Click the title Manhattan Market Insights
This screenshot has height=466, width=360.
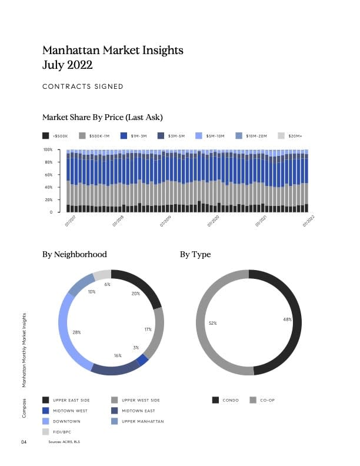pos(113,50)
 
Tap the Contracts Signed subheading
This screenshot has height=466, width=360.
pos(83,86)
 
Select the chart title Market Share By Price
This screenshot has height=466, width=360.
pos(102,117)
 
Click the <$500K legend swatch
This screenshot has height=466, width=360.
pos(46,136)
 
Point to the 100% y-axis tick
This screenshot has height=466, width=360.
pos(48,150)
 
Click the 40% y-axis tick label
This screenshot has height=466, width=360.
pos(49,187)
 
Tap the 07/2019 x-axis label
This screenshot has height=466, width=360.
pos(165,221)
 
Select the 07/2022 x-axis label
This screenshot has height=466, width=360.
pos(309,221)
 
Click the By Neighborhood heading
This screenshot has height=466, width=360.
pos(75,255)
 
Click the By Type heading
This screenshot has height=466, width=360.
pos(195,255)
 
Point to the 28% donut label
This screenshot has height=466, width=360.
pos(76,332)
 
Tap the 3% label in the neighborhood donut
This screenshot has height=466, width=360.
pos(136,348)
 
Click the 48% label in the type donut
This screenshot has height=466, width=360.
pos(288,319)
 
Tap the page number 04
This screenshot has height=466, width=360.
pos(24,441)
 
